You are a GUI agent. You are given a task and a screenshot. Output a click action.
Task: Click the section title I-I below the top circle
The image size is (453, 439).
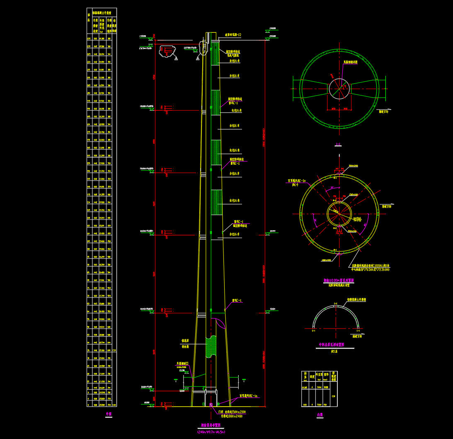[338, 145]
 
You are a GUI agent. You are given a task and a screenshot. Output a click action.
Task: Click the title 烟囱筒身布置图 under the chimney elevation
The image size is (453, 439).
[212, 425]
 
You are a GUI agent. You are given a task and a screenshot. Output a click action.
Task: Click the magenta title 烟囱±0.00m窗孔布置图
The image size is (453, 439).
[339, 280]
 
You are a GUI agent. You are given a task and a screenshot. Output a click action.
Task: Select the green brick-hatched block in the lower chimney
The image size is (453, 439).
[211, 346]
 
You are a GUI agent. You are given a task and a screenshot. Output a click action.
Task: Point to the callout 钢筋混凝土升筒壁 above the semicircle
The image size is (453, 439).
[356, 299]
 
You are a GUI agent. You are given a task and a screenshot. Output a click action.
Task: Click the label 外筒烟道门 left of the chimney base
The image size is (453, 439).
[182, 363]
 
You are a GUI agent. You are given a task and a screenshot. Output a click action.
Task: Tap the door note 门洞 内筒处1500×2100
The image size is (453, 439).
[232, 412]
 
